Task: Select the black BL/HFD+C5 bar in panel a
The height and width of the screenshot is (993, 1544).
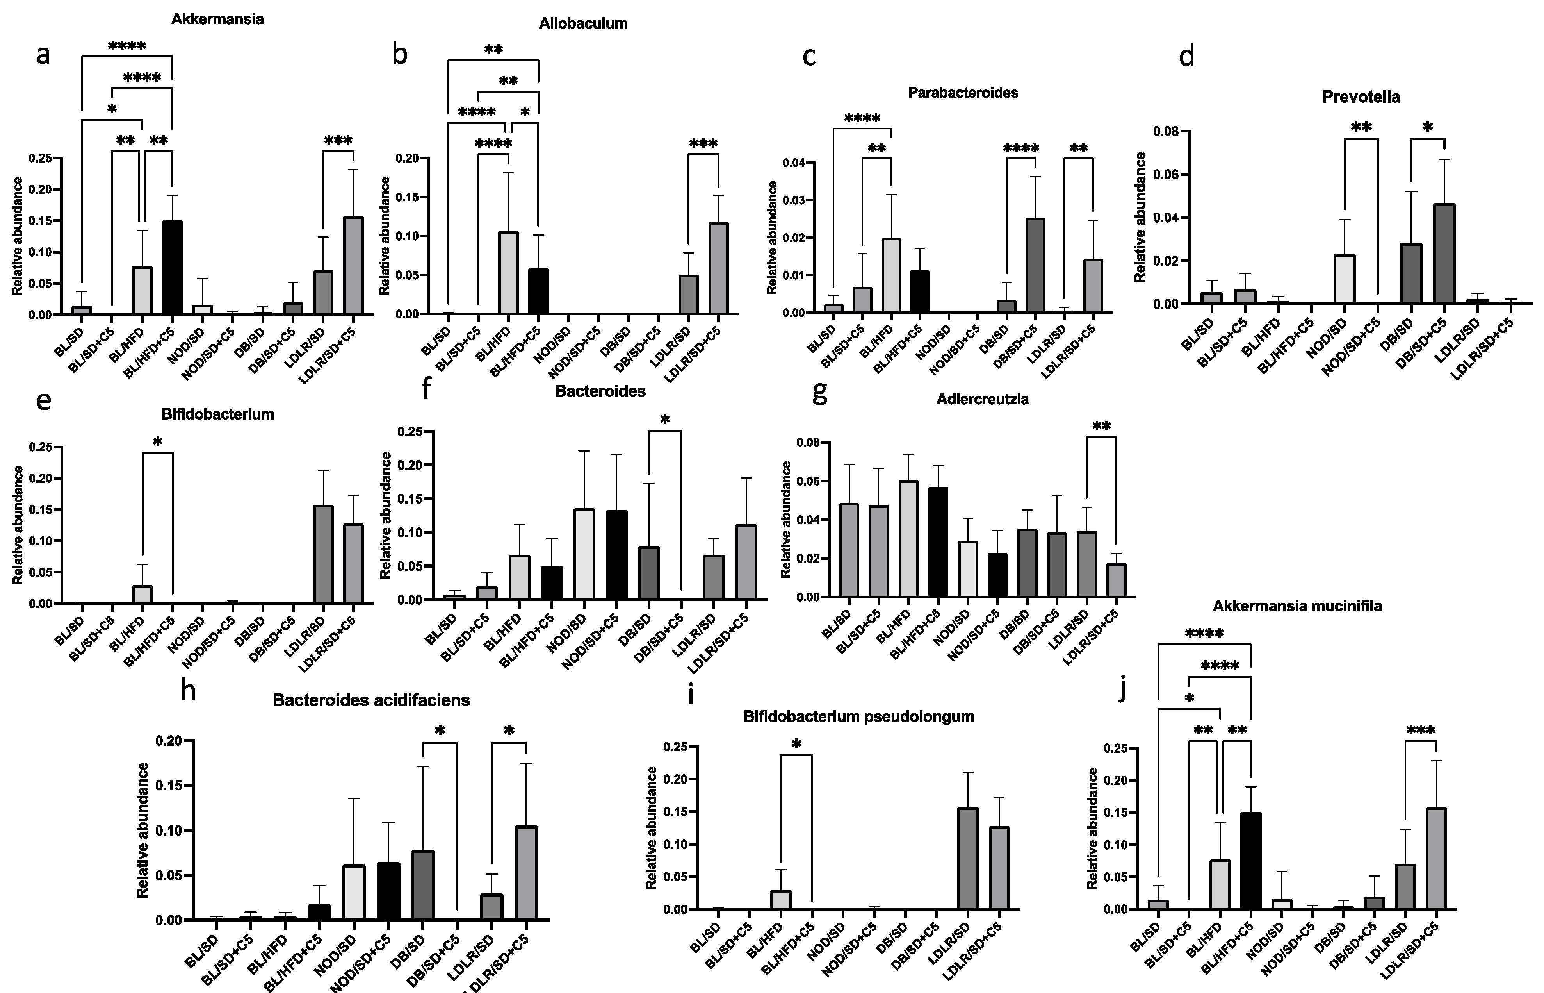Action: [173, 268]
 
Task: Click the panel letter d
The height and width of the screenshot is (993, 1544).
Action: [1186, 57]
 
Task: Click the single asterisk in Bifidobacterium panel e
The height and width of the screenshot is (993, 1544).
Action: [157, 442]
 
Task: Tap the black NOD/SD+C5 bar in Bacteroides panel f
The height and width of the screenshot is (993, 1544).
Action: [617, 555]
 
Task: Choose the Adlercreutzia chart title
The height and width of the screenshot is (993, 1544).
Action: [982, 399]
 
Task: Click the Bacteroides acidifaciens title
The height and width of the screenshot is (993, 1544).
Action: [371, 700]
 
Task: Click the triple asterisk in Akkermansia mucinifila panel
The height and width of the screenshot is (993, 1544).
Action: [1421, 730]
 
